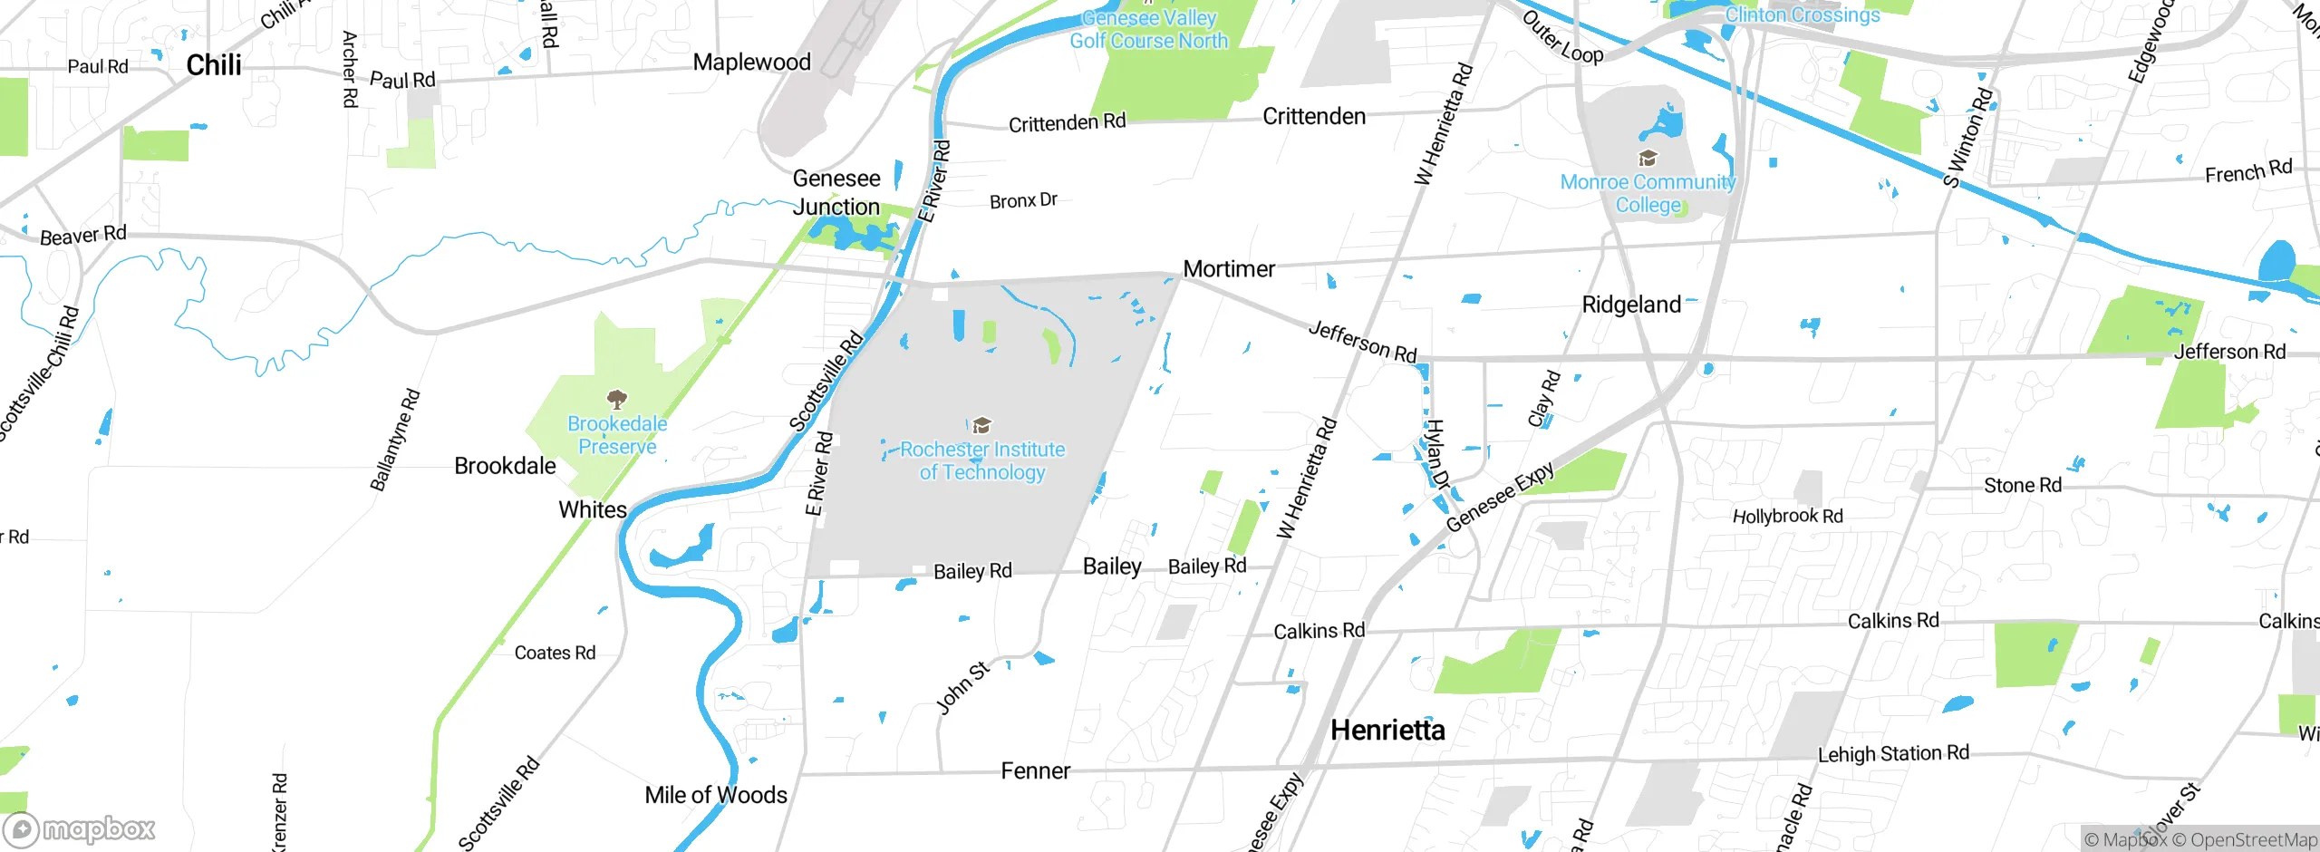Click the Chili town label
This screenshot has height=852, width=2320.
point(214,65)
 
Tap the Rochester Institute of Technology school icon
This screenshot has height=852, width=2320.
point(981,425)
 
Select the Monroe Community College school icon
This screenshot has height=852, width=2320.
point(1648,159)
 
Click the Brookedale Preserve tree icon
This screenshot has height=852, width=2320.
point(617,399)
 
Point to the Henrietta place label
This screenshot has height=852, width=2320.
point(1387,730)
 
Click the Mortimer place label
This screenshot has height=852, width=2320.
point(1229,268)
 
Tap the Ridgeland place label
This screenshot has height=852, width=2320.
point(1631,305)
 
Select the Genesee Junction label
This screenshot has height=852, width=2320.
point(836,192)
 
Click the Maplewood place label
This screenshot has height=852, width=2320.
point(751,62)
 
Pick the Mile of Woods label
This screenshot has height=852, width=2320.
point(716,795)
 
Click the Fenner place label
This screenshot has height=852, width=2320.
point(1035,770)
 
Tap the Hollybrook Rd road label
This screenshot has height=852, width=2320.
point(1787,516)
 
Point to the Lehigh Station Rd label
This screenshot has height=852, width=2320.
point(1893,753)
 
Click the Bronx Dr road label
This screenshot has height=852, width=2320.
point(1023,199)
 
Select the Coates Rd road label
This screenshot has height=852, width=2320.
point(555,653)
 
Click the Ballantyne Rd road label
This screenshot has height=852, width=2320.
point(395,440)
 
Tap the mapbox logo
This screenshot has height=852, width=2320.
point(80,828)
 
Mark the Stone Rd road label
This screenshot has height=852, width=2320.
point(2022,485)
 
